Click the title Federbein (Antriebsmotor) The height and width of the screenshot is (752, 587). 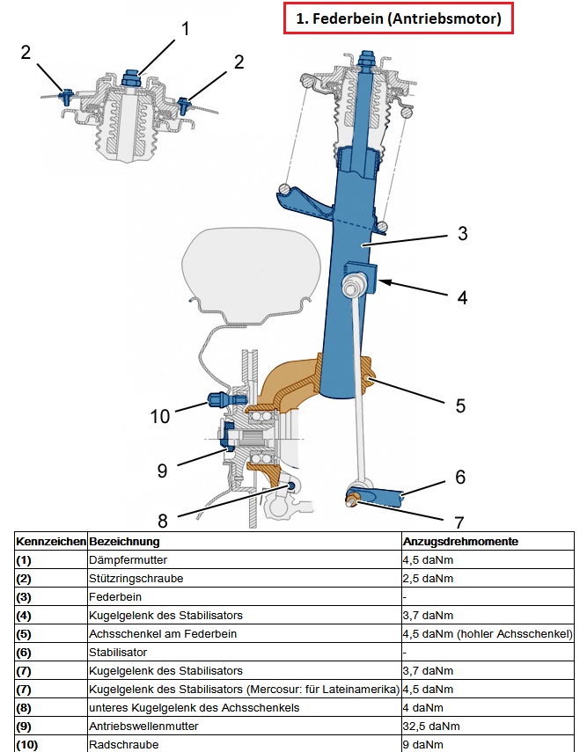click(x=398, y=18)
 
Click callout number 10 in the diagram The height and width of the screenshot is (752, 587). click(x=160, y=415)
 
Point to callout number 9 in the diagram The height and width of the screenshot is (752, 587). click(x=162, y=471)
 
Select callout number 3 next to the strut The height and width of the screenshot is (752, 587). click(x=462, y=234)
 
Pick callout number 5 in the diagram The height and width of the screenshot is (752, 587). click(x=459, y=405)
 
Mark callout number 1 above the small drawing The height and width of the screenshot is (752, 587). click(x=185, y=28)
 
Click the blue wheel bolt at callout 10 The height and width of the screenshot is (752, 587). click(x=216, y=400)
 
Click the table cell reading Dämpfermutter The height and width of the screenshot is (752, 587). click(x=128, y=559)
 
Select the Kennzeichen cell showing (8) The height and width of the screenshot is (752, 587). click(x=24, y=708)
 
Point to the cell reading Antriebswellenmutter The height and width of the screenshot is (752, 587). click(x=143, y=726)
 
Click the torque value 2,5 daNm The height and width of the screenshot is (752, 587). click(x=427, y=578)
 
